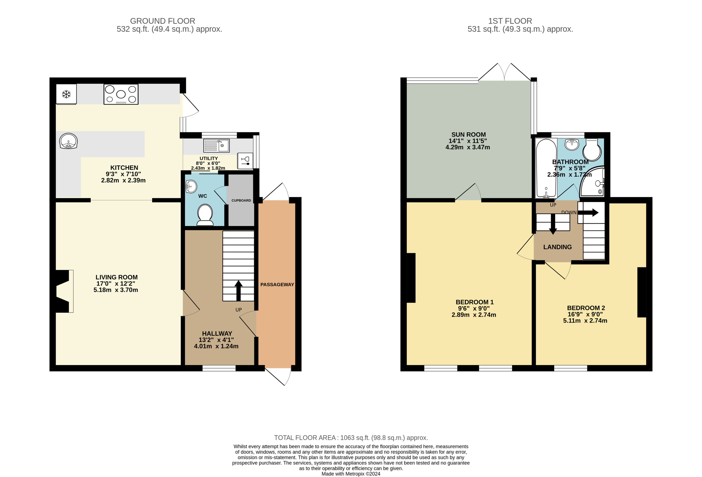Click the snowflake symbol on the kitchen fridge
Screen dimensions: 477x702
click(66, 94)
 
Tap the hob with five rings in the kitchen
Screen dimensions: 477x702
click(121, 94)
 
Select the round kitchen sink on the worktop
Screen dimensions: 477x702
click(68, 141)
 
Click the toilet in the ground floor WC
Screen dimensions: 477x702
click(205, 215)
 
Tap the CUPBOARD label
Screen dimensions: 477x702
click(241, 200)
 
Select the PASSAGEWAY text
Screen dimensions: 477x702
click(277, 284)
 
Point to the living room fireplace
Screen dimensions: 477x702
click(63, 291)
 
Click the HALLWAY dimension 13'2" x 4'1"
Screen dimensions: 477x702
click(216, 340)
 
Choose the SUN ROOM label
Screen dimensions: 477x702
click(469, 135)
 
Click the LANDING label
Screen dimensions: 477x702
click(557, 247)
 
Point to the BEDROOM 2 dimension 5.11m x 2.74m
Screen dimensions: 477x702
click(585, 321)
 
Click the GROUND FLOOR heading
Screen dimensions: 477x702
click(163, 21)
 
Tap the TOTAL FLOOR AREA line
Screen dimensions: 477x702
click(351, 438)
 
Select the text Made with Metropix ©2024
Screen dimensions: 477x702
click(351, 474)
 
